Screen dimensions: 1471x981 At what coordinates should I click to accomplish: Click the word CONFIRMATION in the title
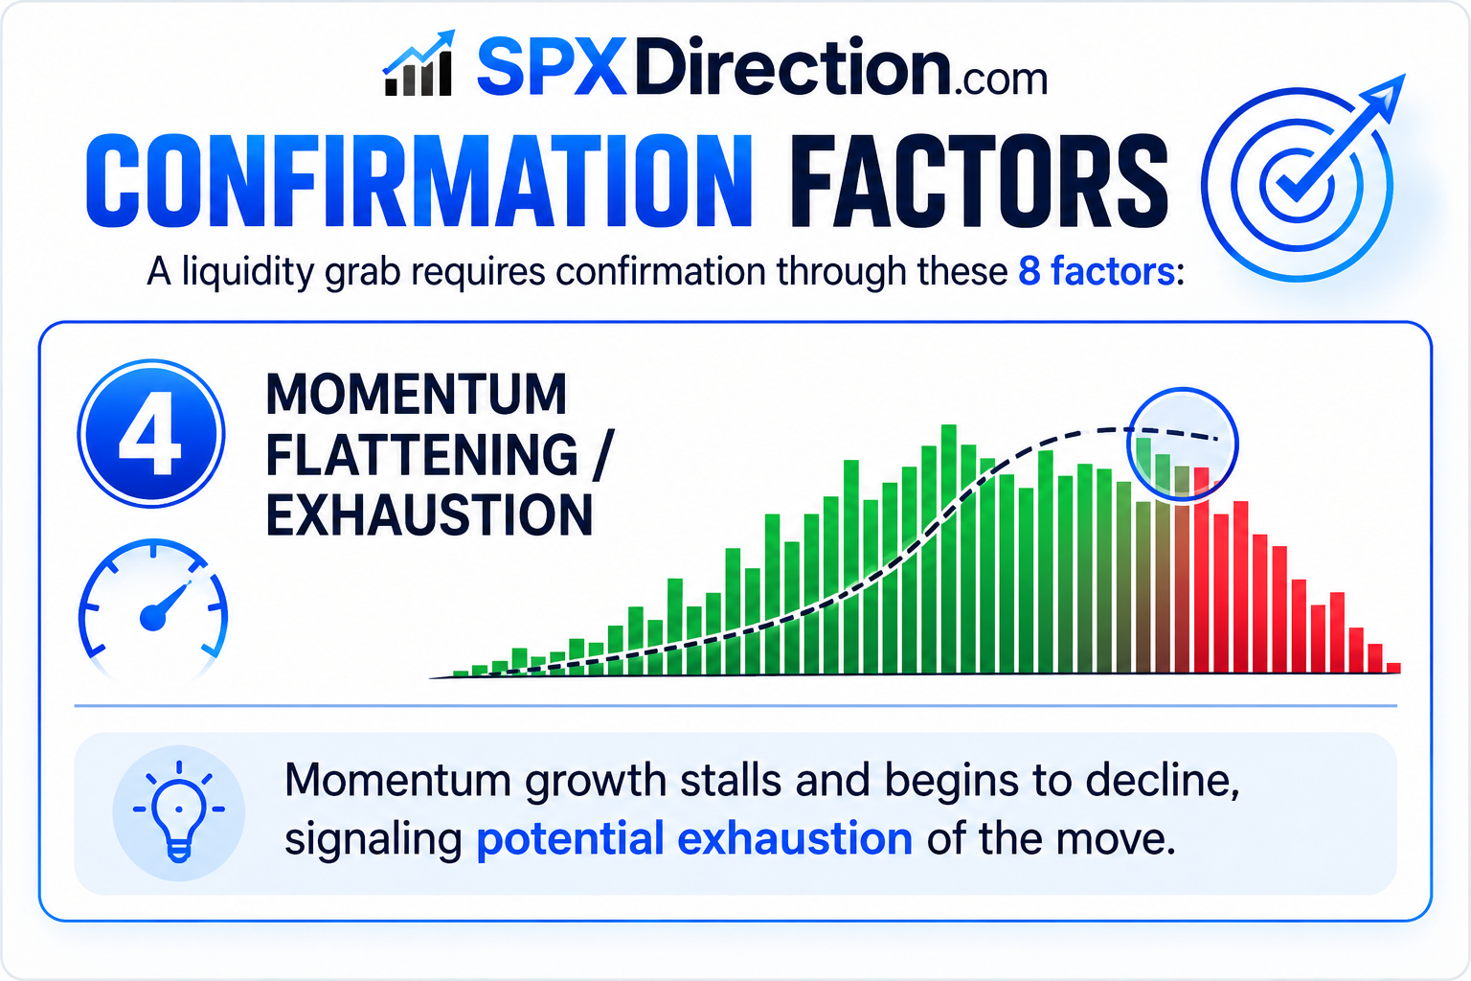(x=419, y=181)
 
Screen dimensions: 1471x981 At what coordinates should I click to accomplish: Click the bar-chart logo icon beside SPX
(x=419, y=63)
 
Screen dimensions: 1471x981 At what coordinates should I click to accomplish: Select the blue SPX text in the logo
(x=551, y=66)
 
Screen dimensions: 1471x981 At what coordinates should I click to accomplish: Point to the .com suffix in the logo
(x=1001, y=80)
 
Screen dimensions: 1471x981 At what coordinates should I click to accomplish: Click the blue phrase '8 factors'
(x=1096, y=271)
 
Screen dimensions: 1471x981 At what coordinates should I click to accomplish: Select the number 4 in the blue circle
(x=150, y=434)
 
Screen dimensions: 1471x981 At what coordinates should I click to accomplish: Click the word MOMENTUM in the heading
(x=417, y=395)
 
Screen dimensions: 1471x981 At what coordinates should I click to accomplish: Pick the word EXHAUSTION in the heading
(x=429, y=515)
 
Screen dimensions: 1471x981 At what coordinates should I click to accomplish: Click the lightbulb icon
(x=179, y=811)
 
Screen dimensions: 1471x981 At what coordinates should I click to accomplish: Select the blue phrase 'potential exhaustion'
(x=694, y=839)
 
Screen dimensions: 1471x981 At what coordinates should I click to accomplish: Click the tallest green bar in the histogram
(x=948, y=549)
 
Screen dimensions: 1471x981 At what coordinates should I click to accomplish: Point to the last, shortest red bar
(x=1392, y=668)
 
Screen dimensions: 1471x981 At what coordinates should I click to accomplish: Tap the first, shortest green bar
(x=461, y=673)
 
